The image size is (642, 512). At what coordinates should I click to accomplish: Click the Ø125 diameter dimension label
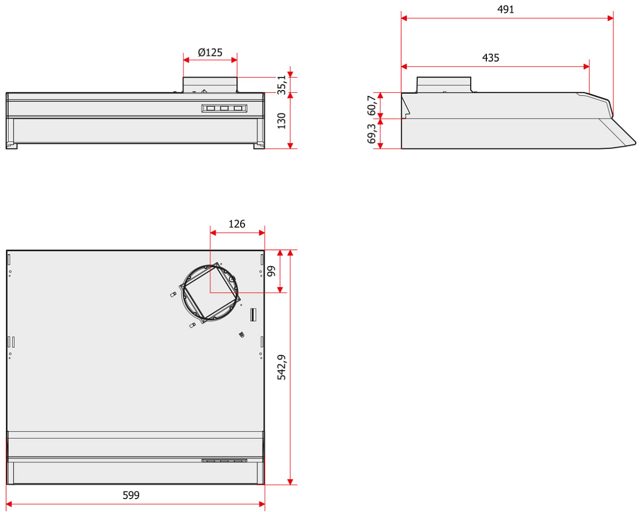[210, 52]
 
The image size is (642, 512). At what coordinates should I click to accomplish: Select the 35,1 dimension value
[282, 85]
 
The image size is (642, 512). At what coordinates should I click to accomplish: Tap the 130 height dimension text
[282, 121]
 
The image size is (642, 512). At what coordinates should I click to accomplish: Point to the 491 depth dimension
[506, 9]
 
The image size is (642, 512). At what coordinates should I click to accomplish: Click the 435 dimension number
[491, 58]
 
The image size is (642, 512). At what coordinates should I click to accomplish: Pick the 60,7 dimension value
[372, 105]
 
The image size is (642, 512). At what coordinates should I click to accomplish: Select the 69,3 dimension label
[372, 134]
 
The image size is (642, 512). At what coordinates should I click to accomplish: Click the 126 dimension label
[236, 224]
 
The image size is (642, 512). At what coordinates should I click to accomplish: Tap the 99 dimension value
[271, 271]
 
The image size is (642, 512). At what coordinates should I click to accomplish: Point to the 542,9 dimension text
[282, 368]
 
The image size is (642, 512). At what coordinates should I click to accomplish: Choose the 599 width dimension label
[131, 495]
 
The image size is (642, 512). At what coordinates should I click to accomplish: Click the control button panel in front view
[224, 108]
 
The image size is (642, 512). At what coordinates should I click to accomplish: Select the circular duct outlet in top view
[210, 293]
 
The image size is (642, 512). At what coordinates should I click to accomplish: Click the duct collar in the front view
[210, 85]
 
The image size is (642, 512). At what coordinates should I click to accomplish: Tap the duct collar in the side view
[444, 85]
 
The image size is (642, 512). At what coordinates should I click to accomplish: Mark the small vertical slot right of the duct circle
[254, 315]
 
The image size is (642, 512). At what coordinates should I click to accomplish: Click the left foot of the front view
[11, 146]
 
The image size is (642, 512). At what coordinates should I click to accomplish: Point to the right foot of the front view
[259, 146]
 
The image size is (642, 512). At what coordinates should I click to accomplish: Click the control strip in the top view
[224, 461]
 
